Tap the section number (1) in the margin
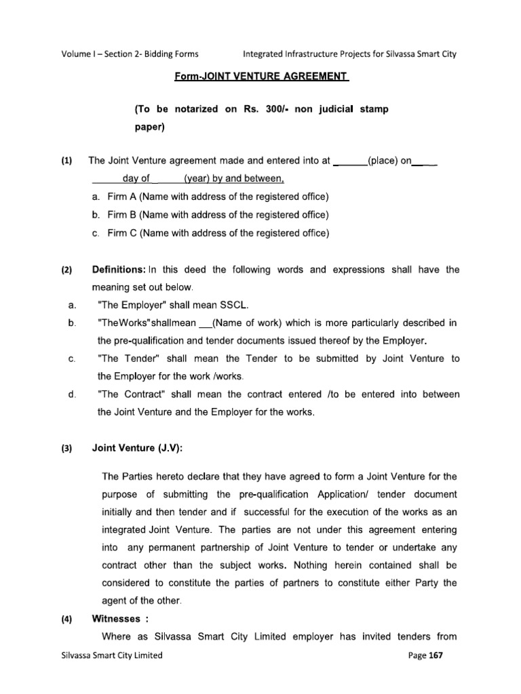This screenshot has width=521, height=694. coord(66,161)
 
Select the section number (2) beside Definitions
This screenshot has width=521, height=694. coord(66,270)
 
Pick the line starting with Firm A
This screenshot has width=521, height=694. coord(209,197)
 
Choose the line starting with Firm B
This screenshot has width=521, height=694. coord(209,215)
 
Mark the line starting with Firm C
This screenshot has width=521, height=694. coord(209,233)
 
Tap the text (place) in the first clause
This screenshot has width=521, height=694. coord(386,161)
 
